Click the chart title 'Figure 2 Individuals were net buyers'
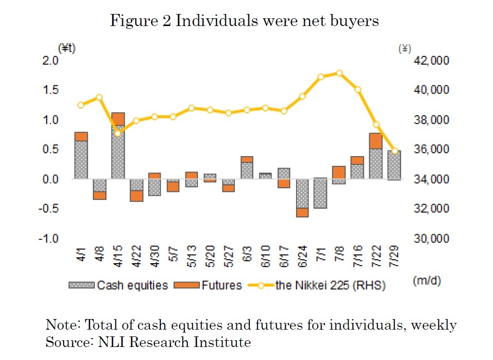(x=245, y=21)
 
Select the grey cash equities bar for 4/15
(x=118, y=152)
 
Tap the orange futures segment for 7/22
(x=376, y=141)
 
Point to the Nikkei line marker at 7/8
(x=339, y=73)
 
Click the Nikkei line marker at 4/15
(x=118, y=133)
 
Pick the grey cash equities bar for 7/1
(x=320, y=193)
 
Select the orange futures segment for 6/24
(x=302, y=212)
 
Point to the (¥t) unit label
(x=67, y=48)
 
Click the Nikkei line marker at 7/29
(x=394, y=151)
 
